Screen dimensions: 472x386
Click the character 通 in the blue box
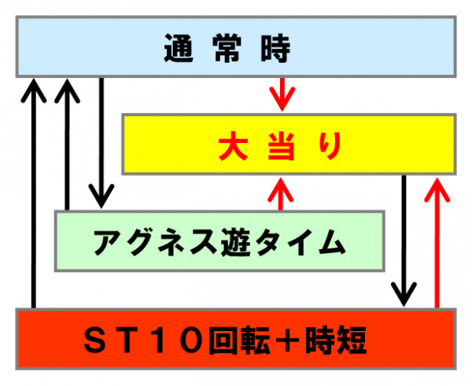point(179,48)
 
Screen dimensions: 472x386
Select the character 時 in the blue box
point(275,48)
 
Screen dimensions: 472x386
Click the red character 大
point(234,145)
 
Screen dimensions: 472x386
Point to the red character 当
point(281,145)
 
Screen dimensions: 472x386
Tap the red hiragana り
point(330,145)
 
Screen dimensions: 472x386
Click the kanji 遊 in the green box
point(236,242)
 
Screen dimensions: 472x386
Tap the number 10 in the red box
point(178,340)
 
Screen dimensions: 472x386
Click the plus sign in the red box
point(287,340)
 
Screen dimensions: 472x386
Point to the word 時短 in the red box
point(336,340)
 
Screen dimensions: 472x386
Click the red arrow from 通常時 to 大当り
point(282,94)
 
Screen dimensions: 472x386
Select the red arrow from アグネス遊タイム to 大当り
point(281,194)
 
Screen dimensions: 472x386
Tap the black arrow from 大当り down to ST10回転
point(404,241)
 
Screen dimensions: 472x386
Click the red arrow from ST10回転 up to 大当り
point(437,243)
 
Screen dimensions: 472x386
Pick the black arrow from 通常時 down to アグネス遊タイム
point(101,143)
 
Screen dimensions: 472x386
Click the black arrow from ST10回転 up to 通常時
point(34,193)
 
